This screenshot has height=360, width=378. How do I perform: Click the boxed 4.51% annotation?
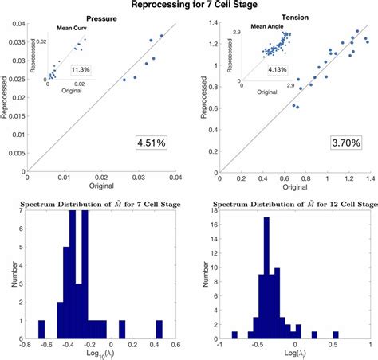(151, 143)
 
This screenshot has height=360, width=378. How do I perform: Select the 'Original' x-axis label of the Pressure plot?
(102, 186)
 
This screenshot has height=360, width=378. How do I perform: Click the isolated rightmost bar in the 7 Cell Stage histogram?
(159, 330)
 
